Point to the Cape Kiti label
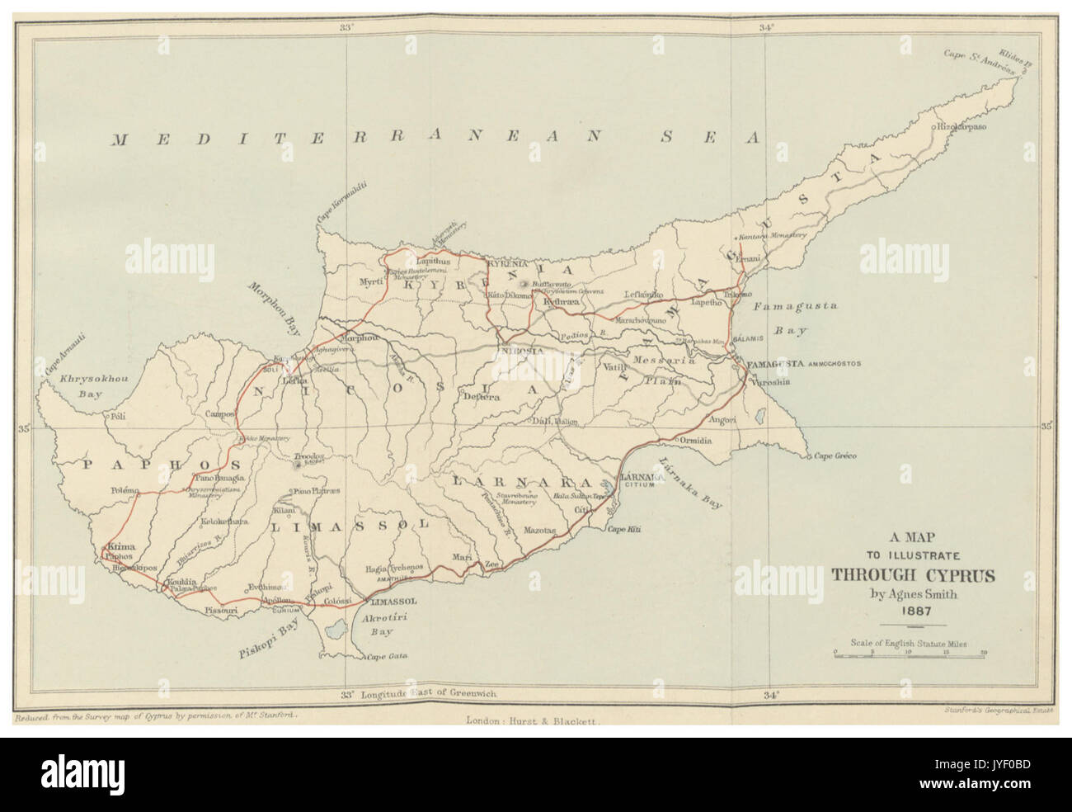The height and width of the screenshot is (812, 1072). (x=625, y=529)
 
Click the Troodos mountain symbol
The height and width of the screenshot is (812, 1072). (x=296, y=467)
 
